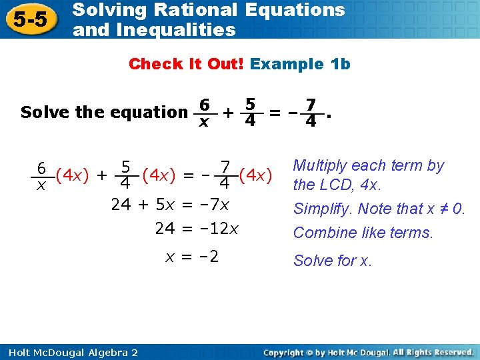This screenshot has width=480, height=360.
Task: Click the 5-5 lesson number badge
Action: [31, 20]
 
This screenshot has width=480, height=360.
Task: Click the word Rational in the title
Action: [201, 11]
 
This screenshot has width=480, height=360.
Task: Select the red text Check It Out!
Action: [187, 64]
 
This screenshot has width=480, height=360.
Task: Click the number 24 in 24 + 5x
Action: [121, 205]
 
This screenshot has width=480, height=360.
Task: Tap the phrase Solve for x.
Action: [333, 260]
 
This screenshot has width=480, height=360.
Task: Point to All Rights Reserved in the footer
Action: [434, 352]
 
